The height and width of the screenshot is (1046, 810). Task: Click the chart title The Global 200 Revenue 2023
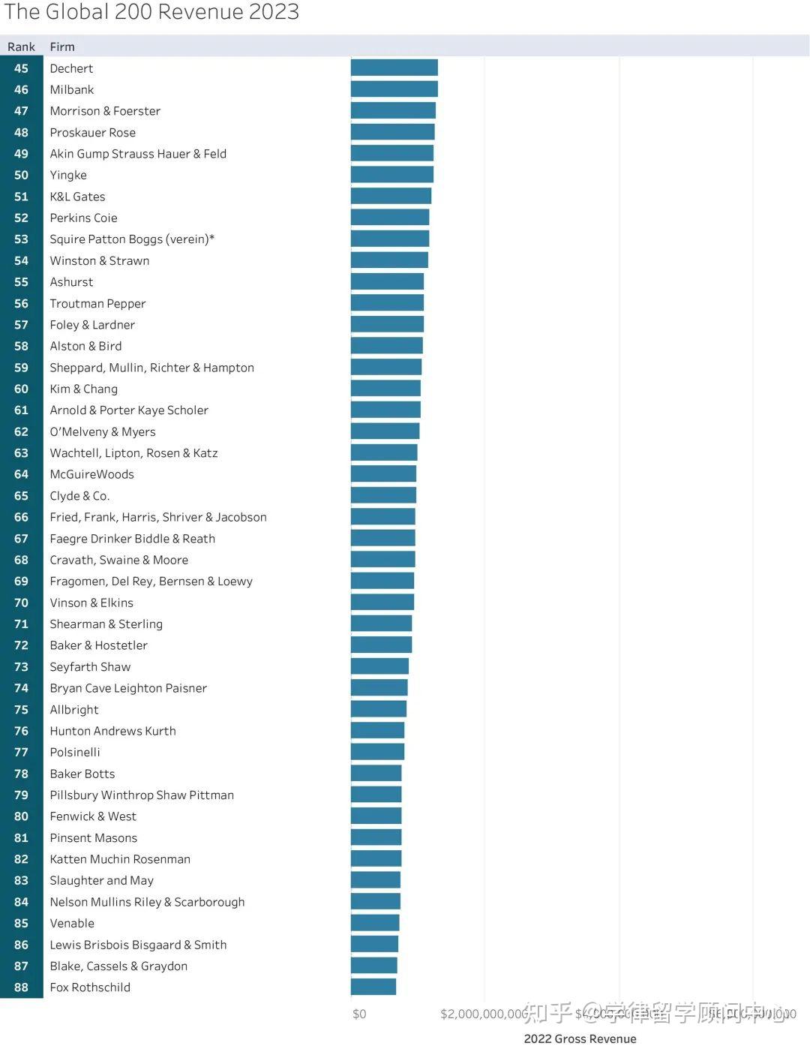tap(152, 12)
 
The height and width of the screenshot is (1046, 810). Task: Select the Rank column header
tap(21, 47)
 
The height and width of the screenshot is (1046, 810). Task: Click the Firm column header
tap(62, 47)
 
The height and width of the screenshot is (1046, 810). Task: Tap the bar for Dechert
tap(394, 68)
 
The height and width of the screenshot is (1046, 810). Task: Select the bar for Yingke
tap(391, 175)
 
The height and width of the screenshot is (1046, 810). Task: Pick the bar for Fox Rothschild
tap(373, 987)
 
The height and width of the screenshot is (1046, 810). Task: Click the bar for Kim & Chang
tap(385, 389)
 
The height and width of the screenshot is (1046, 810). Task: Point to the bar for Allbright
tap(378, 709)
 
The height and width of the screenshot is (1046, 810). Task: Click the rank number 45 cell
tap(21, 68)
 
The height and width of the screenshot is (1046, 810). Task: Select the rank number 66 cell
tap(21, 517)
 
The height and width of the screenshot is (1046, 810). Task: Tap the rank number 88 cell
tap(21, 987)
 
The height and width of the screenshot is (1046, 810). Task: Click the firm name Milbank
tap(72, 89)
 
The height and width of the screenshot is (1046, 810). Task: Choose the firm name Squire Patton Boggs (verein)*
tap(132, 239)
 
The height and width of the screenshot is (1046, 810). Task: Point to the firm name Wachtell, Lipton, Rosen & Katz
tap(133, 453)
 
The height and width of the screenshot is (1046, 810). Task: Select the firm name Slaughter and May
tap(101, 880)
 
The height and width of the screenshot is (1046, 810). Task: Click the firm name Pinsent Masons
tap(94, 837)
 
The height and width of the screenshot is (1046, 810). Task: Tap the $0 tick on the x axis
tap(359, 1014)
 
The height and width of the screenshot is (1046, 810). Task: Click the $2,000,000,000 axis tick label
tap(484, 1014)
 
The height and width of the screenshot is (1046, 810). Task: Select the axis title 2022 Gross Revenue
tap(580, 1038)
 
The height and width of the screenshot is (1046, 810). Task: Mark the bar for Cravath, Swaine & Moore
tap(382, 560)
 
